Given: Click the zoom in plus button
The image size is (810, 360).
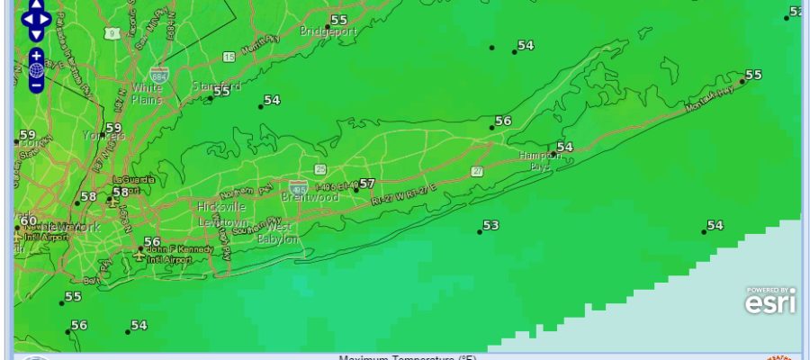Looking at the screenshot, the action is [x=36, y=55].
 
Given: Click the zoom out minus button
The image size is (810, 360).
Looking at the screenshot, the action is [x=36, y=86].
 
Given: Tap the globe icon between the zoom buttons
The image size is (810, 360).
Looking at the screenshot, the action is [x=36, y=70].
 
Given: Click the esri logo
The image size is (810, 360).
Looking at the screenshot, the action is [x=770, y=302].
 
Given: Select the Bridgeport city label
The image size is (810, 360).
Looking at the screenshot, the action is [x=329, y=31].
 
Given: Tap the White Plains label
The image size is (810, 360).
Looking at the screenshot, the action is [x=147, y=94].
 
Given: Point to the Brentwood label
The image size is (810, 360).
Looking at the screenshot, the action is [x=310, y=196].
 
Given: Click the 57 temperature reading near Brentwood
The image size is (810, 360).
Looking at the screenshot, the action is [x=366, y=184].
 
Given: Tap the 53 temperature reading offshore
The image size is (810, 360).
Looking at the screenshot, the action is [x=490, y=225].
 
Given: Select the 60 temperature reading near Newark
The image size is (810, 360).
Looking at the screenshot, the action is [x=28, y=220].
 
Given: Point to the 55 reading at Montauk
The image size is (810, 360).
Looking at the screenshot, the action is [x=753, y=75].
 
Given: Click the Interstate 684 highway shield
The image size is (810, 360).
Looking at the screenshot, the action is [x=159, y=73].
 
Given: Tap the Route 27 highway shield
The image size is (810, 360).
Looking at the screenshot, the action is [x=477, y=171].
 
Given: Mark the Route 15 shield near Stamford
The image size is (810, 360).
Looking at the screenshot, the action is [x=229, y=57].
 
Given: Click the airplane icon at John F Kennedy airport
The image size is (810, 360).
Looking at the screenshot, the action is [x=137, y=257].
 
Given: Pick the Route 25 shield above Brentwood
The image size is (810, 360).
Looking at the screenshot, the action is [x=320, y=169].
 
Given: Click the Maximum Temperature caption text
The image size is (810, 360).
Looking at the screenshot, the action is [x=407, y=357].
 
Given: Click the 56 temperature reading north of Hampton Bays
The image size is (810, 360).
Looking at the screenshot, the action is [x=503, y=121].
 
